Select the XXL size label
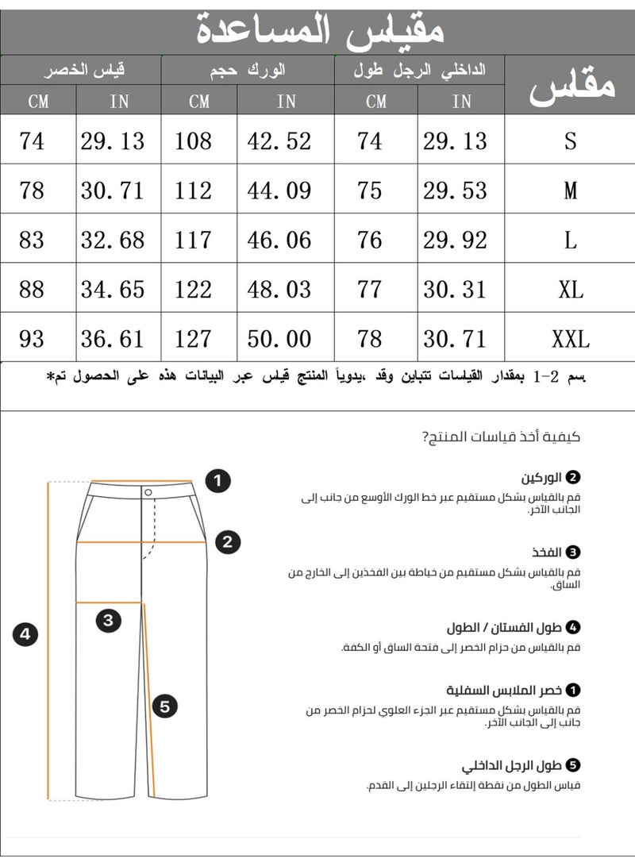[570, 339]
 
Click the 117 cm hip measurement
[194, 240]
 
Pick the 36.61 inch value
[113, 339]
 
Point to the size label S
[570, 141]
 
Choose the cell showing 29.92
[456, 240]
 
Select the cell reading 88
[31, 289]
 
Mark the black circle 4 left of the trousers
[25, 634]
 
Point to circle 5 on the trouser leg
[164, 705]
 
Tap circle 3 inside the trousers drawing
[109, 620]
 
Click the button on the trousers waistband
[148, 492]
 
